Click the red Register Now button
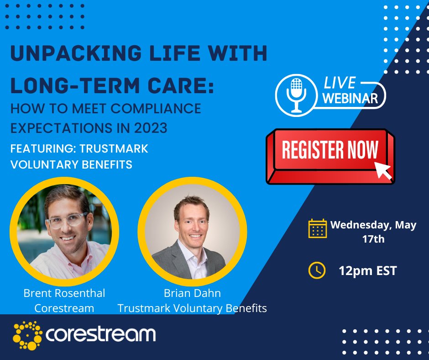click(330, 154)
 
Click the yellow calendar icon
click(318, 228)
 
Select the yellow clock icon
click(317, 270)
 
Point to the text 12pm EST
click(367, 271)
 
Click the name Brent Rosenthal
click(64, 293)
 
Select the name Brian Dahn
click(192, 293)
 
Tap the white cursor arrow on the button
click(383, 169)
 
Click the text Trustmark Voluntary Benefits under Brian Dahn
click(192, 308)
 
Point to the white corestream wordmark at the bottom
click(101, 334)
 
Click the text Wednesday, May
click(373, 225)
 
